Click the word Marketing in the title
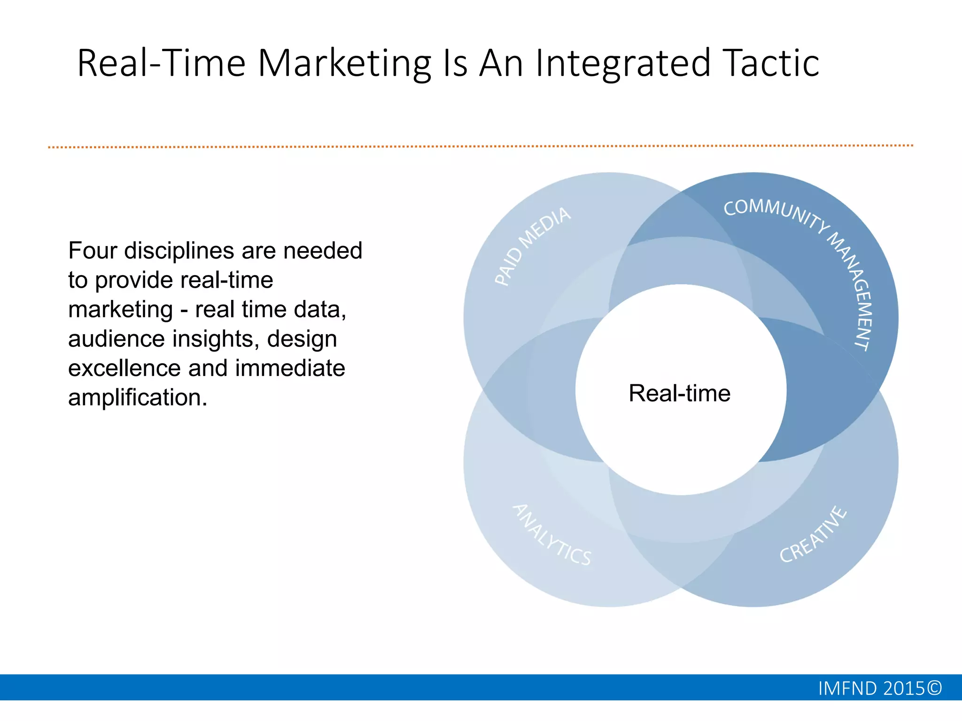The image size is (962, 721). point(344,63)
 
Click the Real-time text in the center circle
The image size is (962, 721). point(679,393)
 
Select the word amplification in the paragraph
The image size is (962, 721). point(137,398)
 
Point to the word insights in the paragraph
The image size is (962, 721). point(216,339)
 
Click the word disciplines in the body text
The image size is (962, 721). point(179,251)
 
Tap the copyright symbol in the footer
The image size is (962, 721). point(935,688)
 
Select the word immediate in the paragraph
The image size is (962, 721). point(290,368)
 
